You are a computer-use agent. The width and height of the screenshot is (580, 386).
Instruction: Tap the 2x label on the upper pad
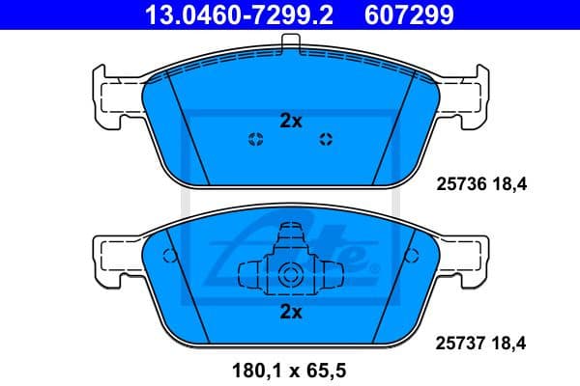(291, 122)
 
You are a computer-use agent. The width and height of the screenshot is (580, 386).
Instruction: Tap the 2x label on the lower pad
(291, 312)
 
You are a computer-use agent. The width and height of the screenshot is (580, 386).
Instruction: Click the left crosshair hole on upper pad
(255, 138)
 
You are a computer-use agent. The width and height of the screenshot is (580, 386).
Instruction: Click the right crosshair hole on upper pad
(326, 138)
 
